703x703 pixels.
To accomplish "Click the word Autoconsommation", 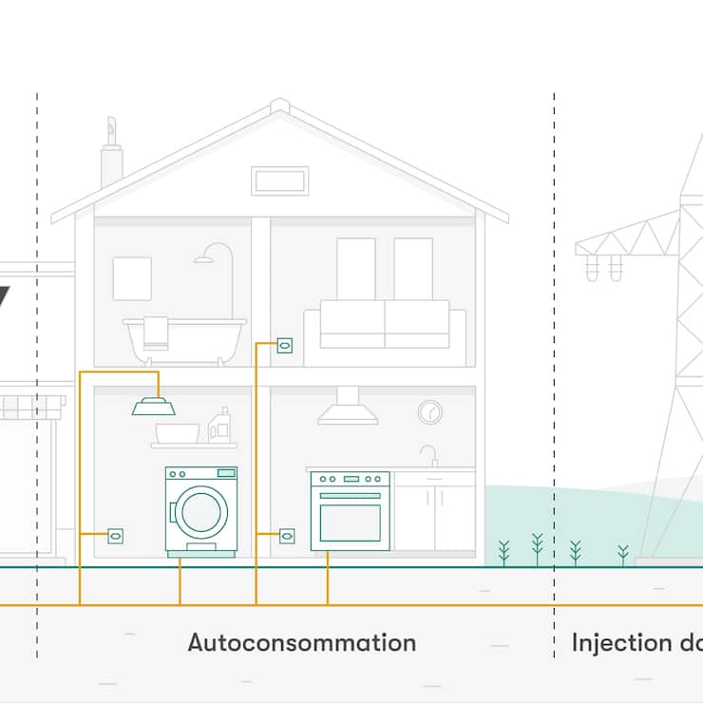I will pyautogui.click(x=301, y=643).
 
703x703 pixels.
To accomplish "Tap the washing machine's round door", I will pyautogui.click(x=200, y=511).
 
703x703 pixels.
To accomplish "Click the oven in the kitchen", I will pyautogui.click(x=350, y=512).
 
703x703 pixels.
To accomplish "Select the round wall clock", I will pyautogui.click(x=429, y=412).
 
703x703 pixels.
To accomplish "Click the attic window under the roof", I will pyautogui.click(x=279, y=180).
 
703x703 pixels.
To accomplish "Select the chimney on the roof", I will pyautogui.click(x=111, y=157).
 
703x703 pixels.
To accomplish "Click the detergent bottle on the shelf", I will pyautogui.click(x=219, y=427).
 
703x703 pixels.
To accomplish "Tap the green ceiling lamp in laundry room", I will pyautogui.click(x=153, y=407).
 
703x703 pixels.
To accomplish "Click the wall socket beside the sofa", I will pyautogui.click(x=284, y=346).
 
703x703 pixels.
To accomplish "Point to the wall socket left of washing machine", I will pyautogui.click(x=116, y=536).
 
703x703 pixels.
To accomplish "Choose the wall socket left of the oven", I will pyautogui.click(x=287, y=536).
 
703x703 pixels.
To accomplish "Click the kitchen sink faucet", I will pyautogui.click(x=429, y=455).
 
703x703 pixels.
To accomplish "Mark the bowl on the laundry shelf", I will pyautogui.click(x=177, y=433).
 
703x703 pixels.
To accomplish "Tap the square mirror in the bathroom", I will pyautogui.click(x=132, y=278).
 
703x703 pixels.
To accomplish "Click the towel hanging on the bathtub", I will pyautogui.click(x=156, y=332).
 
